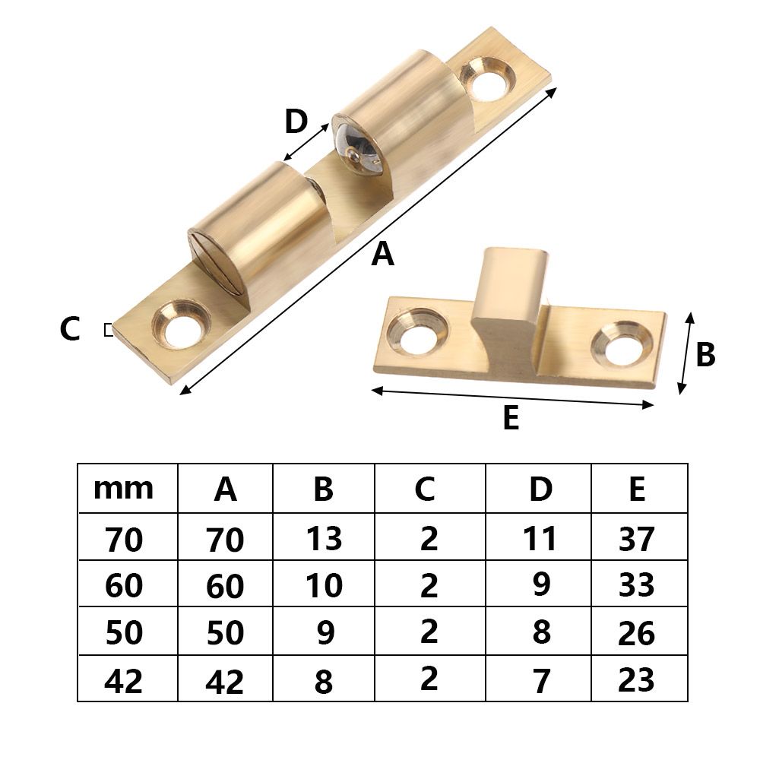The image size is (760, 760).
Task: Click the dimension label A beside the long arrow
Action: point(383,255)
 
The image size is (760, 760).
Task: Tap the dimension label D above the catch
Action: point(296,122)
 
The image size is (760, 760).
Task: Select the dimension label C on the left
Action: point(70,330)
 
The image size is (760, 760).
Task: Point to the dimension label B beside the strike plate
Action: point(705,355)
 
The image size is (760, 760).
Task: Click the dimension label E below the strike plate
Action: point(511,419)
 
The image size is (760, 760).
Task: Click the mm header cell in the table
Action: point(123,489)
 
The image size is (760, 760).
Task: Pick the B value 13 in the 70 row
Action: point(324,539)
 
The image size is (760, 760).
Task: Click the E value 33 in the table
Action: point(637,586)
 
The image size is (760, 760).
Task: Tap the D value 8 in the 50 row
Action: point(541,632)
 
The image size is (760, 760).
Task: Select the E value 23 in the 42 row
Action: point(637,679)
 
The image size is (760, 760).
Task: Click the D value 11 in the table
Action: point(540,539)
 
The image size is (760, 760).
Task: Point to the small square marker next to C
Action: point(108,330)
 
